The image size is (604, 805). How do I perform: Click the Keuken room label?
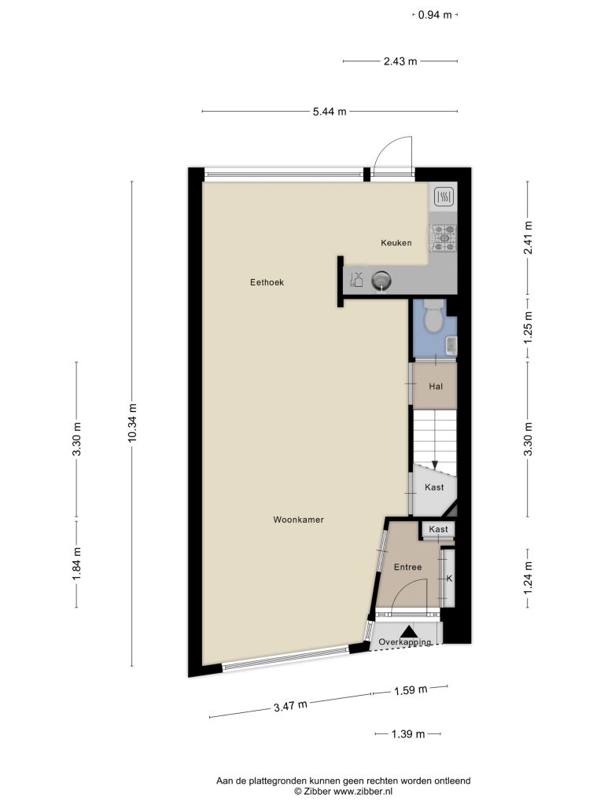[396, 243]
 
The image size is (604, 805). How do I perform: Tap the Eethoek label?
[267, 282]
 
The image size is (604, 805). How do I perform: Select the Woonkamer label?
[298, 520]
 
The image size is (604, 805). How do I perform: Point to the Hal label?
[436, 387]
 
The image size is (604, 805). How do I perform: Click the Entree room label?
[408, 568]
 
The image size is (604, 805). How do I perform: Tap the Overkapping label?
[405, 642]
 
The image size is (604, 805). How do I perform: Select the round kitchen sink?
[381, 281]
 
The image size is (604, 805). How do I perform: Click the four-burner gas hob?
[444, 238]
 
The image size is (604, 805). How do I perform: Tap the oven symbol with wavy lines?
[444, 196]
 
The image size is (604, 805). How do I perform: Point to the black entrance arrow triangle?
[409, 632]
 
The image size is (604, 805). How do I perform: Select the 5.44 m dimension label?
[330, 112]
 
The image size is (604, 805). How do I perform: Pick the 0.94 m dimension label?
[434, 15]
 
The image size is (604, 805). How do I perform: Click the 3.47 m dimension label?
[290, 707]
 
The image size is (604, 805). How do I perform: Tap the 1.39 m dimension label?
[408, 734]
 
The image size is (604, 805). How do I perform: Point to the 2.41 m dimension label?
[528, 237]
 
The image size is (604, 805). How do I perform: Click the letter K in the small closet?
[449, 579]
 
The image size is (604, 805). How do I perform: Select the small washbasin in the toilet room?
[451, 346]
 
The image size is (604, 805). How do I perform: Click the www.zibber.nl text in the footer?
[363, 792]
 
